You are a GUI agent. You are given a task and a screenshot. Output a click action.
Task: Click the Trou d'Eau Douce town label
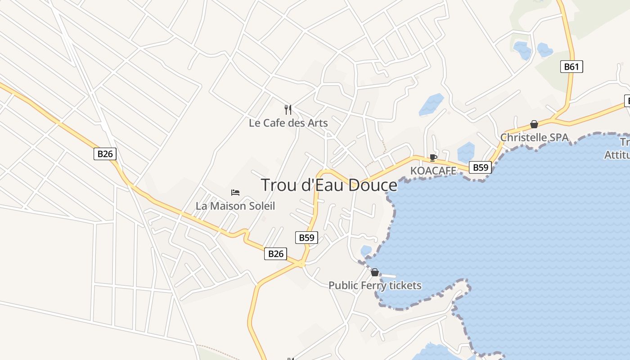[x=329, y=185]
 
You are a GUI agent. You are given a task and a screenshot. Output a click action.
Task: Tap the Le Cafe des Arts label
[x=288, y=123]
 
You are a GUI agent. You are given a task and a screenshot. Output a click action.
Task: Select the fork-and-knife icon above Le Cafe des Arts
[x=288, y=109]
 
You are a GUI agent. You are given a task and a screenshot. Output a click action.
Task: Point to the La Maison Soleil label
[x=235, y=206]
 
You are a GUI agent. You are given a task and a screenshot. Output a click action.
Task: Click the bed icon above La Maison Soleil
[x=235, y=193]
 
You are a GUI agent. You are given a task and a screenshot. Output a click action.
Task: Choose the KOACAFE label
[x=433, y=171]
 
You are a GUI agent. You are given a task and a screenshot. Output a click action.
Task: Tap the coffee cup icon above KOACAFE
[x=433, y=157]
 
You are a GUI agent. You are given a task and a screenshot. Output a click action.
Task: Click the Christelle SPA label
[x=534, y=137]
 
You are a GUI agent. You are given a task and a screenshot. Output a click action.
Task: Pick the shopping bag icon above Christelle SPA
[x=534, y=124]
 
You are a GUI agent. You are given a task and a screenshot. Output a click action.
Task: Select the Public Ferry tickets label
[x=375, y=285]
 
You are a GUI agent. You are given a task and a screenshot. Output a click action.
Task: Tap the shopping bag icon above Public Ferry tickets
[x=375, y=272]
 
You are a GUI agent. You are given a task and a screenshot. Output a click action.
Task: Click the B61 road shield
[x=571, y=67]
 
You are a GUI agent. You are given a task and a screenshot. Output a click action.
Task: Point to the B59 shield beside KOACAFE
[x=480, y=167]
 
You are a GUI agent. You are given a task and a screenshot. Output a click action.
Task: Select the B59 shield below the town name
[x=306, y=237]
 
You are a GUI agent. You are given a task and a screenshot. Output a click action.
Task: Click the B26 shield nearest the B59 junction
[x=275, y=254]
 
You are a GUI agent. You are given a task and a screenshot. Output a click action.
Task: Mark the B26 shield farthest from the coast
[x=105, y=154]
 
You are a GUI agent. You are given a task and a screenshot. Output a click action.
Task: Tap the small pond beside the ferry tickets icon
[x=366, y=250]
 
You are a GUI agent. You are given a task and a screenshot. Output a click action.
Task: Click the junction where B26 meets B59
[x=301, y=264]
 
